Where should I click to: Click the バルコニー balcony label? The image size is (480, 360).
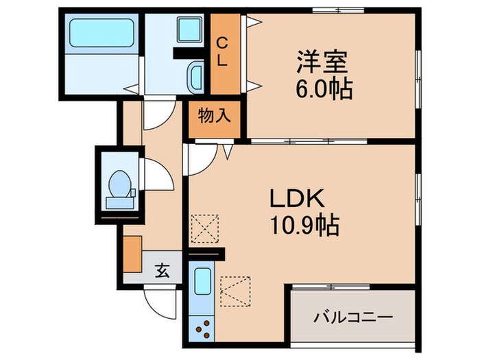point(354,317)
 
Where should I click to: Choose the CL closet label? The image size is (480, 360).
point(223,52)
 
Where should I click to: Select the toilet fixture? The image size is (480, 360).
point(119,184)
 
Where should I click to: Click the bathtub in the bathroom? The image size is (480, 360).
point(101,33)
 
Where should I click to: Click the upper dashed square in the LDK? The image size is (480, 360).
point(204,228)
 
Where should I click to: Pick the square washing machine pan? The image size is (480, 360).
point(188,31)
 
